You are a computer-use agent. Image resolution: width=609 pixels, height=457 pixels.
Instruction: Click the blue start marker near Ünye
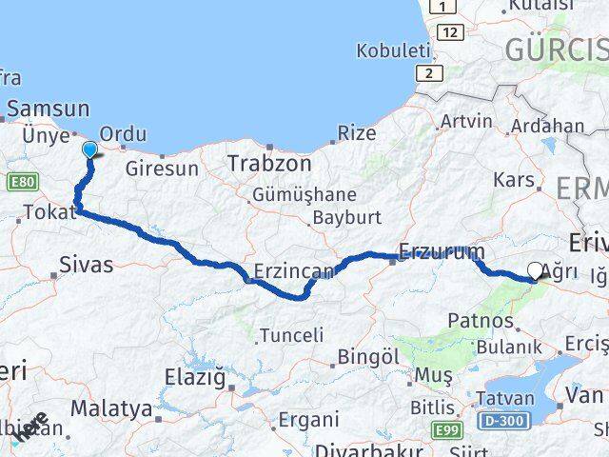point(89,149)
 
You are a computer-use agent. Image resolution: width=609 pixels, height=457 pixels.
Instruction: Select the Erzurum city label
point(441,252)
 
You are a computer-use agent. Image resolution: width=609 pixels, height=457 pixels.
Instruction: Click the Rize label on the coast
point(357,133)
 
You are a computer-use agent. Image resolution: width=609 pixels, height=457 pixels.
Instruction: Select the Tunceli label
point(291,335)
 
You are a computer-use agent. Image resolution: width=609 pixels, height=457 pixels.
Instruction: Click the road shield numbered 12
point(450,32)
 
